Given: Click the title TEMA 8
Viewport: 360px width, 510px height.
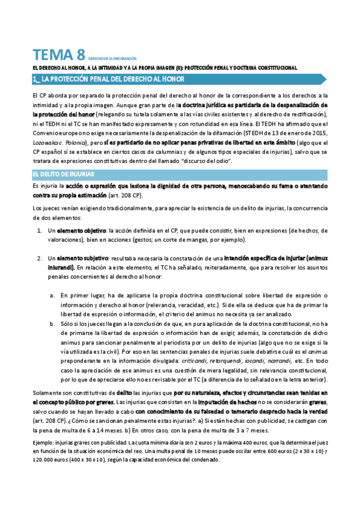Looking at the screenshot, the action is point(58,55).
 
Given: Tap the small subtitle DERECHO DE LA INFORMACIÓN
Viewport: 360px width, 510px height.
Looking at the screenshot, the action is point(112,58).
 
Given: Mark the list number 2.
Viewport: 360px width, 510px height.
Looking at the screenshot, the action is point(38,258).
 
